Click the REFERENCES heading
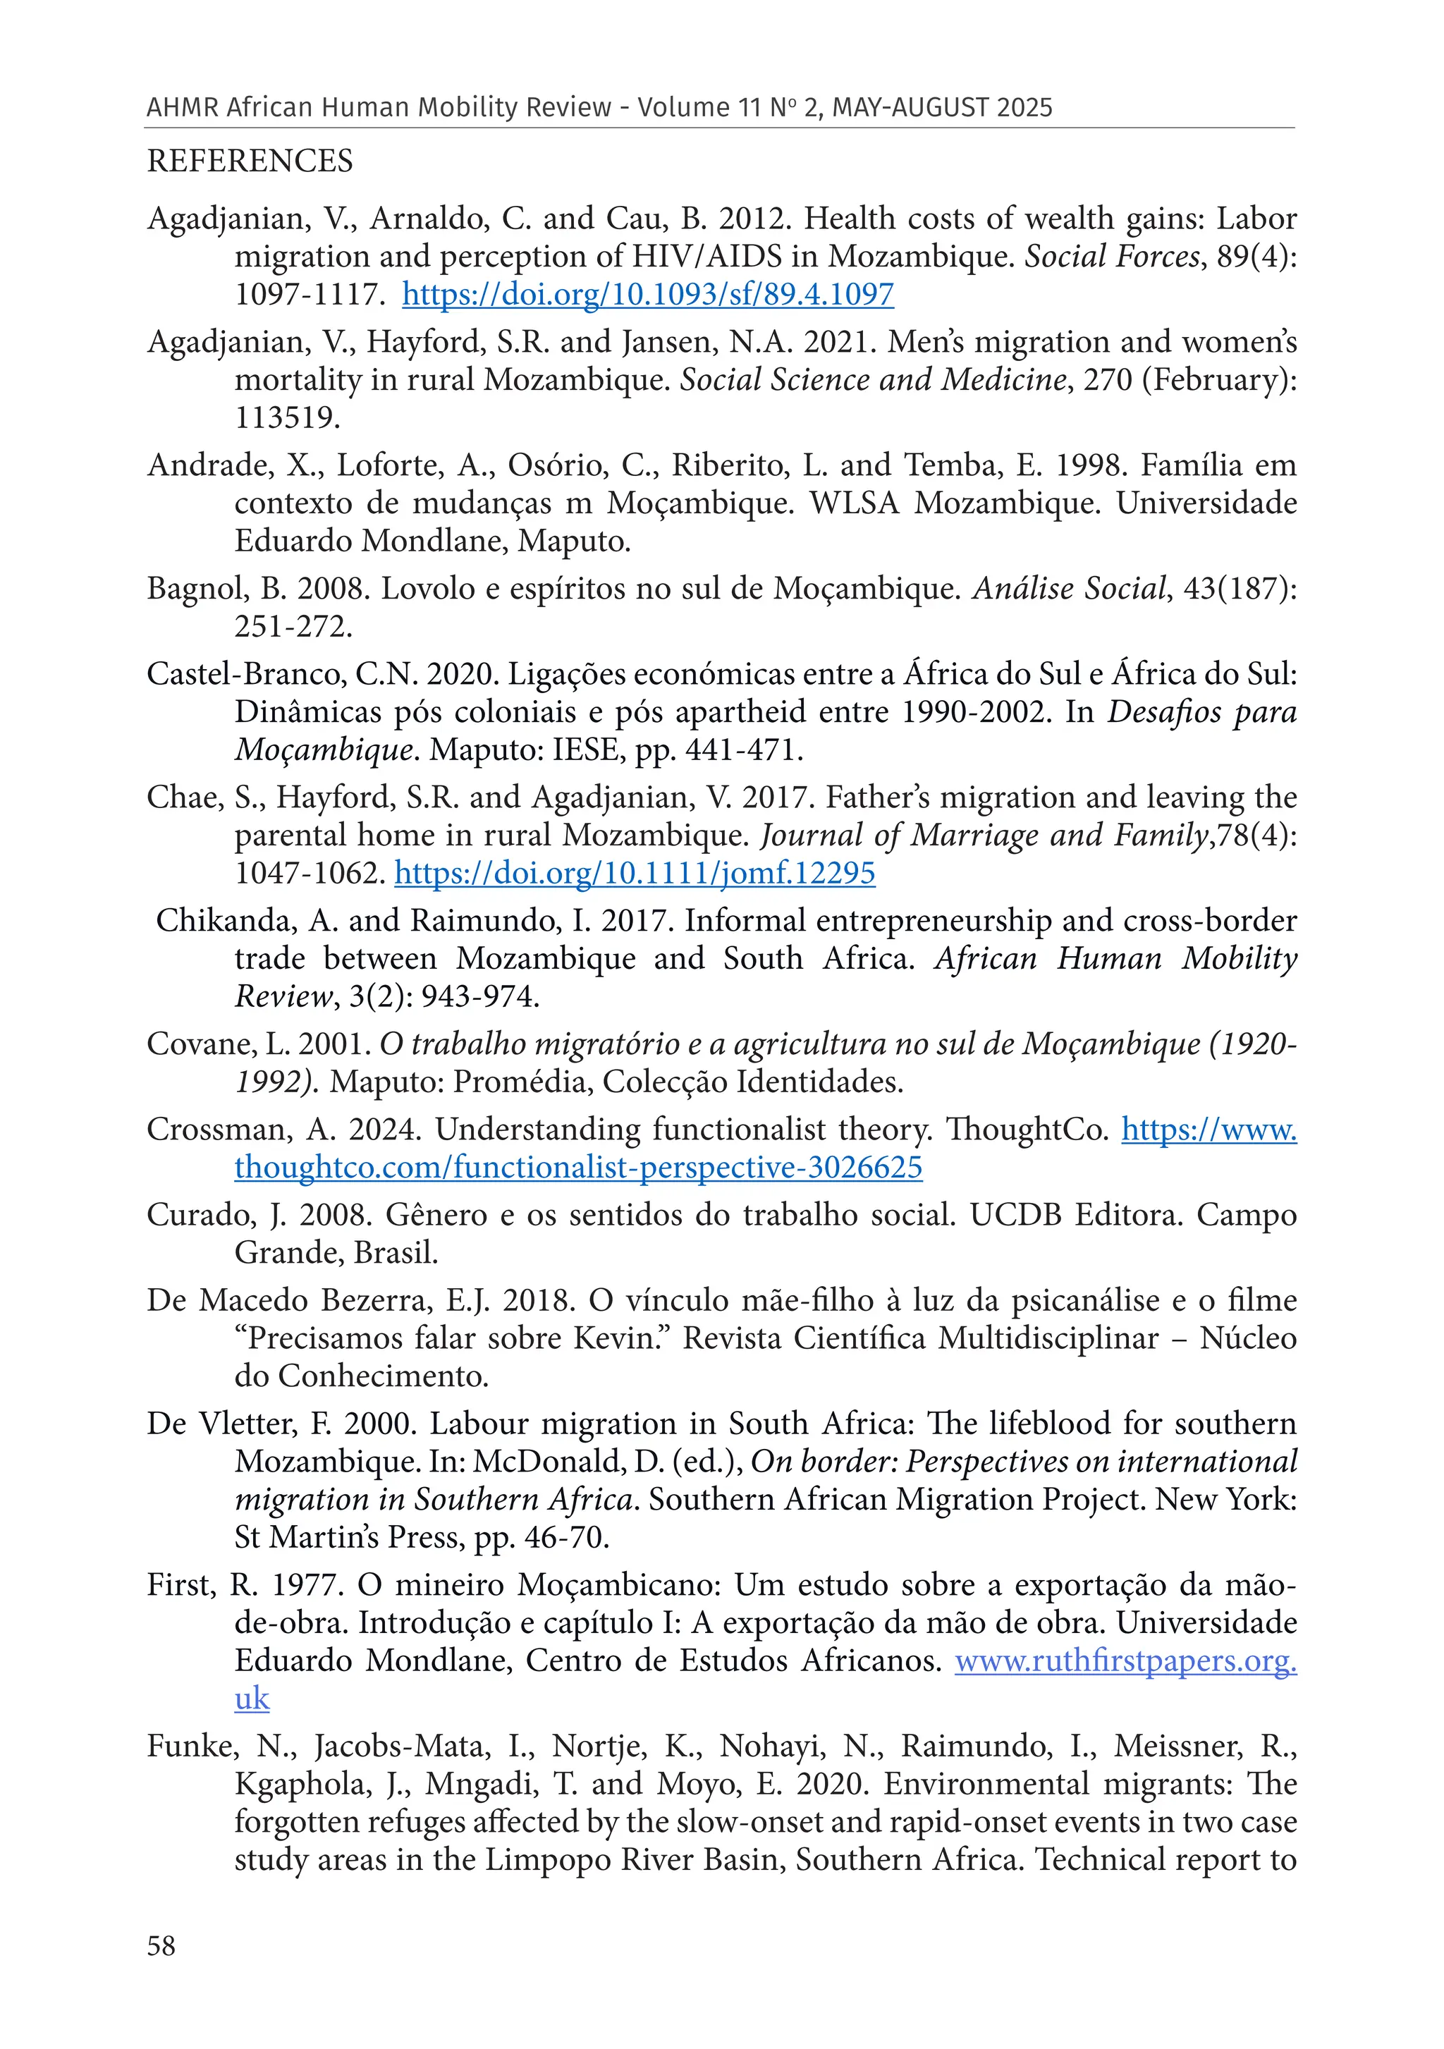[250, 161]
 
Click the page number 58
[161, 1945]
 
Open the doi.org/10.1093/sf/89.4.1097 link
[648, 293]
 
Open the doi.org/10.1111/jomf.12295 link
[635, 872]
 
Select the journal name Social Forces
[1111, 256]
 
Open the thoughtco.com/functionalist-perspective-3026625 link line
[578, 1168]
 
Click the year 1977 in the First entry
[306, 1585]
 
